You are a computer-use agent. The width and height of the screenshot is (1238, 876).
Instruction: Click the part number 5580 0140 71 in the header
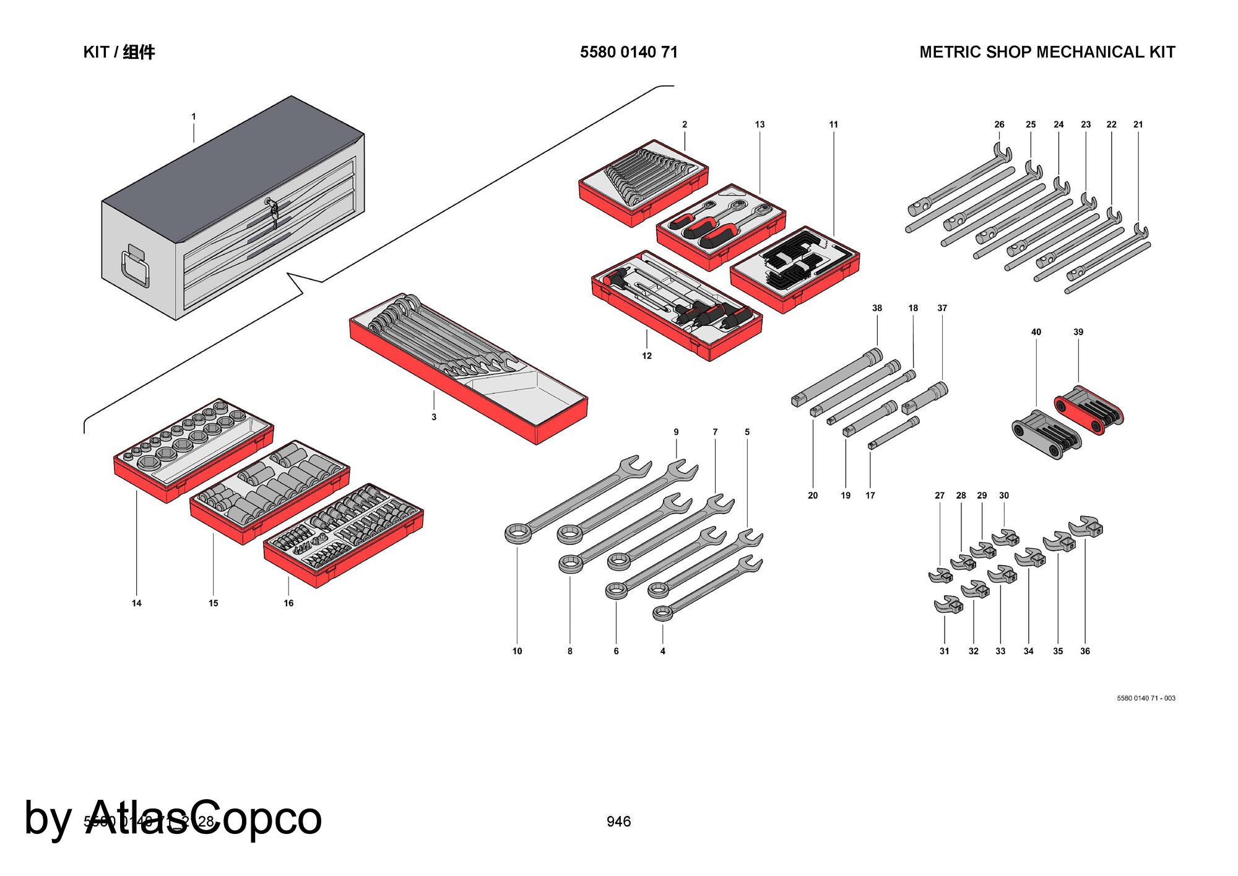tap(628, 52)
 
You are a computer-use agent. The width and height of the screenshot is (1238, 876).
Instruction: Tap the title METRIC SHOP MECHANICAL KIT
tap(1047, 52)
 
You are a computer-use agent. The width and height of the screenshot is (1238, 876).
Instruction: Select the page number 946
tap(618, 821)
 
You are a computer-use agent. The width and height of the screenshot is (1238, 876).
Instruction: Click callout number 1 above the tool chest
tap(194, 116)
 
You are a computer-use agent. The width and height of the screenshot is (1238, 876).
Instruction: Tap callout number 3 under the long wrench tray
tap(434, 417)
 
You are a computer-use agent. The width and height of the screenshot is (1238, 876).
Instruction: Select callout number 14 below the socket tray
tap(137, 603)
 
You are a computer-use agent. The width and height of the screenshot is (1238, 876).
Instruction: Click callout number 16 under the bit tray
tap(288, 603)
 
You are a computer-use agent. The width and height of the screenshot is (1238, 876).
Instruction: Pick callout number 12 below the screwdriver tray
tap(647, 356)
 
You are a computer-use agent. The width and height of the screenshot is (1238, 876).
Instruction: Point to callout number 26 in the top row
tap(999, 125)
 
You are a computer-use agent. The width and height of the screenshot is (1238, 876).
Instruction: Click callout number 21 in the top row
tap(1138, 125)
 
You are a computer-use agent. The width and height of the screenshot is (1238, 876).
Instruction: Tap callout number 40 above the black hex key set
tap(1036, 332)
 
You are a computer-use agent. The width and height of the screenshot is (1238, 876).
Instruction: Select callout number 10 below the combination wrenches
tap(517, 651)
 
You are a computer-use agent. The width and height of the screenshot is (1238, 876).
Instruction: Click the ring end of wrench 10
tap(517, 533)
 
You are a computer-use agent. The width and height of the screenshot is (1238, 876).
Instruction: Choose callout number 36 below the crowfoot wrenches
tap(1085, 651)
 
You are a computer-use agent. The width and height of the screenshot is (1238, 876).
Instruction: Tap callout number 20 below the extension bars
tap(813, 496)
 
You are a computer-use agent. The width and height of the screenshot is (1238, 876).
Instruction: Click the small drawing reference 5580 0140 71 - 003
tap(1146, 698)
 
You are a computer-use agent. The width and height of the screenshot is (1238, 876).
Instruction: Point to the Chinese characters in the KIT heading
tap(139, 52)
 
